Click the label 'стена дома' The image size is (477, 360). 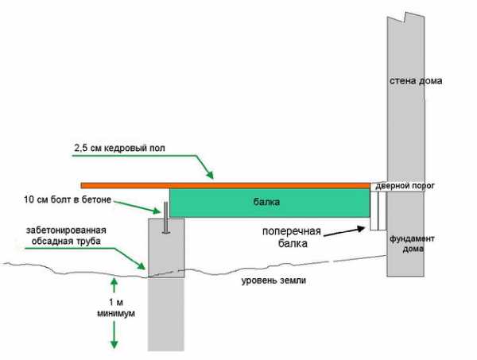click(416, 81)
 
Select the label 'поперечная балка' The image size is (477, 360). click(293, 239)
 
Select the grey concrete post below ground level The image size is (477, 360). click(165, 310)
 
